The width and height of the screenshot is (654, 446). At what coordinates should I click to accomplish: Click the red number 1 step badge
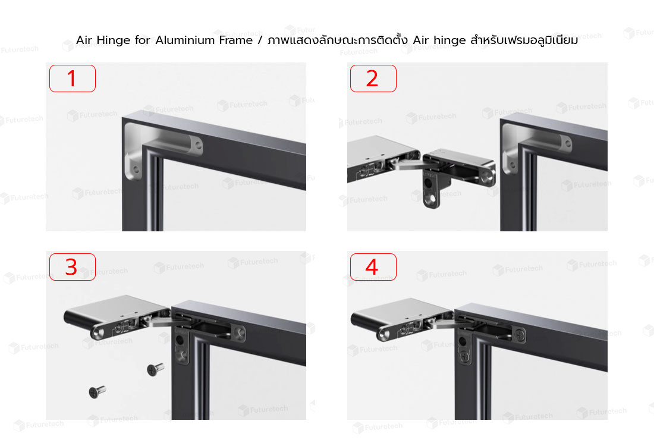pyautogui.click(x=72, y=78)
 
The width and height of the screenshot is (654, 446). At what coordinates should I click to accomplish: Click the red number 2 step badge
pyautogui.click(x=373, y=78)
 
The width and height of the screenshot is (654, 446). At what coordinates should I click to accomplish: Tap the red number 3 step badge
pyautogui.click(x=72, y=267)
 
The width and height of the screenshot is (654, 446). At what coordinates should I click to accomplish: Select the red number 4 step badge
pyautogui.click(x=373, y=267)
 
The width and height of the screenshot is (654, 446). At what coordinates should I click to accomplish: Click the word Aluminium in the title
pyautogui.click(x=204, y=40)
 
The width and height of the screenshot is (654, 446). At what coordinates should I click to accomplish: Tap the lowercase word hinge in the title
pyautogui.click(x=449, y=40)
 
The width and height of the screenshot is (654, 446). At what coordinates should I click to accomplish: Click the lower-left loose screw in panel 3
pyautogui.click(x=97, y=392)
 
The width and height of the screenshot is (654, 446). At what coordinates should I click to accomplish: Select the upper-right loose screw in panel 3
pyautogui.click(x=155, y=369)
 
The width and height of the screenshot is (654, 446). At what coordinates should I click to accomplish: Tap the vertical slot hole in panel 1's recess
pyautogui.click(x=136, y=169)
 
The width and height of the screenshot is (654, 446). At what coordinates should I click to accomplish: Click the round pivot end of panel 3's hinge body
pyautogui.click(x=99, y=332)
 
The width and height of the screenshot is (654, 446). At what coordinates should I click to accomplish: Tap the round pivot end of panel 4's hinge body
pyautogui.click(x=385, y=334)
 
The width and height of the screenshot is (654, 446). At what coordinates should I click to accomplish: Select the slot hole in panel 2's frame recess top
pyautogui.click(x=567, y=144)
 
